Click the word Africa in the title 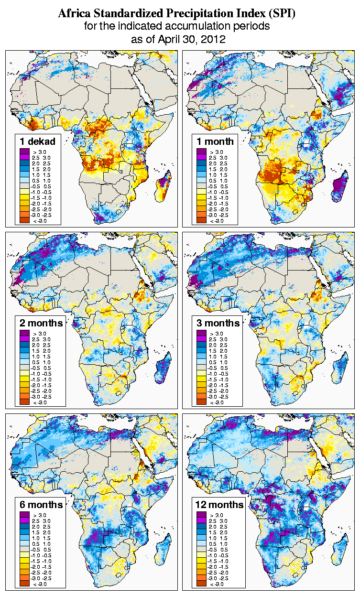pyautogui.click(x=76, y=14)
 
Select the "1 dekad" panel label pyautogui.click(x=38, y=141)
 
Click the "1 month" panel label pyautogui.click(x=215, y=141)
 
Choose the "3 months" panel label pyautogui.click(x=218, y=323)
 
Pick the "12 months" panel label pyautogui.click(x=219, y=505)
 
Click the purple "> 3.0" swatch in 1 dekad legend pyautogui.click(x=24, y=151)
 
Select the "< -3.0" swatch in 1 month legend pyautogui.click(x=201, y=220)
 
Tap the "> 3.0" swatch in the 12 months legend pyautogui.click(x=201, y=515)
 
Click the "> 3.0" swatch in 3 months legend pyautogui.click(x=201, y=333)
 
